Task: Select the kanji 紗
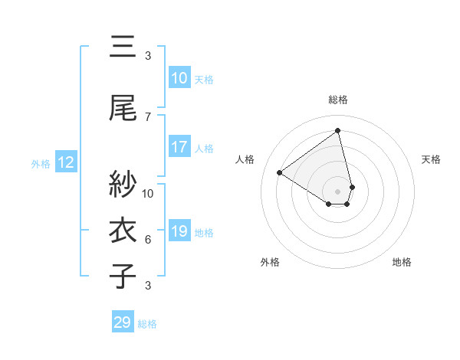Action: (123, 185)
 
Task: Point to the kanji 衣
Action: (123, 231)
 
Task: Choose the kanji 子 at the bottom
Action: (123, 276)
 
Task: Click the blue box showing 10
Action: (179, 78)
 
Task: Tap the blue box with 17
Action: (179, 147)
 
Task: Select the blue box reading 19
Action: (179, 231)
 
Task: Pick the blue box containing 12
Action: (65, 162)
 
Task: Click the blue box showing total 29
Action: (122, 322)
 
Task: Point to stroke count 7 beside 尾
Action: (148, 116)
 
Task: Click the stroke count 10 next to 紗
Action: (148, 193)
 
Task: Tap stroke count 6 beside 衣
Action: (148, 239)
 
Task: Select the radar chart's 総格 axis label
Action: (337, 100)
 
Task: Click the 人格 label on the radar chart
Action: (245, 159)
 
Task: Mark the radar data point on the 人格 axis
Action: (280, 172)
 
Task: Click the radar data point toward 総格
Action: (337, 131)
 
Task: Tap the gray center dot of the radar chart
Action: (337, 191)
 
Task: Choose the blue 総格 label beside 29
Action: (147, 324)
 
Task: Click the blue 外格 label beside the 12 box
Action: (41, 163)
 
